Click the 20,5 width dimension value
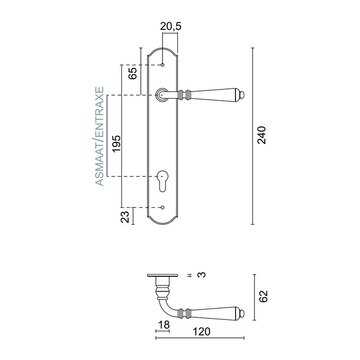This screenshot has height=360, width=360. [x=170, y=26]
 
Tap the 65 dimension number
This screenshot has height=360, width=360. [x=132, y=73]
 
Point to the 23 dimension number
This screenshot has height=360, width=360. [x=125, y=217]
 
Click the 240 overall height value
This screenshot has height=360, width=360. [x=262, y=135]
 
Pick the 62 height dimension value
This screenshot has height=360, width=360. [x=263, y=296]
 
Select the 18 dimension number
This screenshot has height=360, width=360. [x=163, y=325]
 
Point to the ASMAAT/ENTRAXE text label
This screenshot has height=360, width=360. [x=100, y=136]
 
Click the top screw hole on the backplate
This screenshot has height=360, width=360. [x=163, y=65]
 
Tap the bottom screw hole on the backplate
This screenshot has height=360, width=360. [x=163, y=208]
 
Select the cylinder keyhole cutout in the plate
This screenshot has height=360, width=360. [x=163, y=179]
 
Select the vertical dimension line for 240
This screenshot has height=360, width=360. [x=253, y=136]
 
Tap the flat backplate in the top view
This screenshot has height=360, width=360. [x=163, y=275]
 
